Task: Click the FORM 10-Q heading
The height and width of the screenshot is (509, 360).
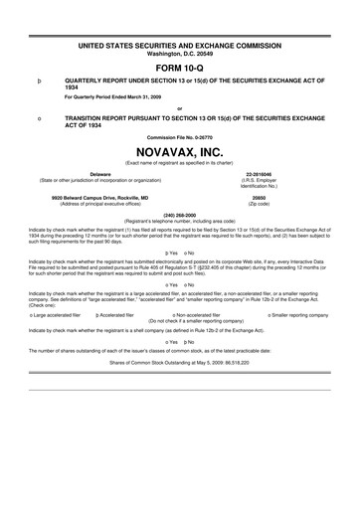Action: point(179,66)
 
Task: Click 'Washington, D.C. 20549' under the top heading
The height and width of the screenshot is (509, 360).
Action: point(179,52)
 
